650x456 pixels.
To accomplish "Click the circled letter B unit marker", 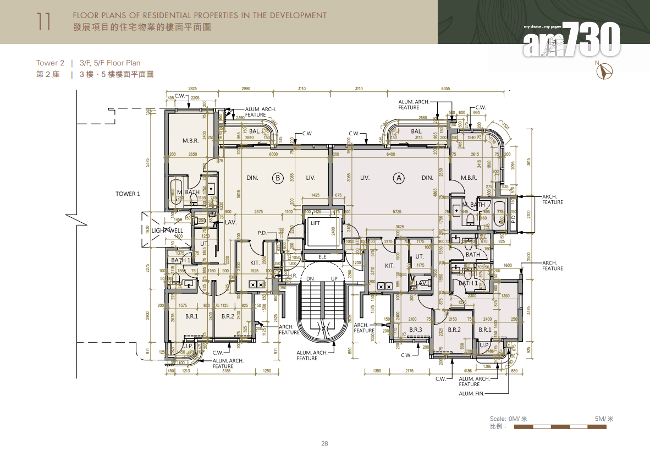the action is click(278, 178).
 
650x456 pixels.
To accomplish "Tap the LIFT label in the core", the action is click(315, 223).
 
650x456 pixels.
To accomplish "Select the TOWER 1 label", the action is click(128, 194).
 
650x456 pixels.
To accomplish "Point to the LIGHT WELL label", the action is click(167, 230).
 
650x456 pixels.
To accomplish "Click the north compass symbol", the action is click(607, 71).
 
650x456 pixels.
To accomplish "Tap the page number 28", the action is click(324, 443).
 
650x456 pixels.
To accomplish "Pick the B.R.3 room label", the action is click(416, 329).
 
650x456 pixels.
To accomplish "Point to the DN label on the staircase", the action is click(310, 279).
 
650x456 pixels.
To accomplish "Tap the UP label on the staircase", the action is click(334, 279).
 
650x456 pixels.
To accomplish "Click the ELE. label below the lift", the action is click(323, 256).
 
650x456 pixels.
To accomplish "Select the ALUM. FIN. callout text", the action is click(472, 393).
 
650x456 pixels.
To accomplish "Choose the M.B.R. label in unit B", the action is click(190, 141).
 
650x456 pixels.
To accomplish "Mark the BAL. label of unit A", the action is click(416, 131).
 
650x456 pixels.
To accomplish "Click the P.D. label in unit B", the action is click(262, 233).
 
